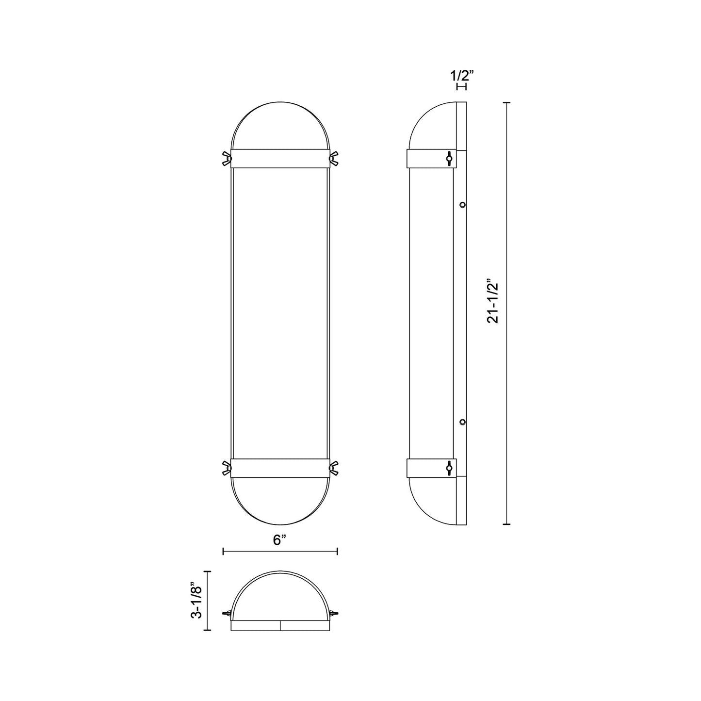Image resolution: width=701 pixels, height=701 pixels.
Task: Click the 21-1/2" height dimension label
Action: (493, 301)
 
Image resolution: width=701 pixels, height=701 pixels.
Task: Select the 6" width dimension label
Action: (279, 540)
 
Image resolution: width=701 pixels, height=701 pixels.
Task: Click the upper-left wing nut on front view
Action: (226, 158)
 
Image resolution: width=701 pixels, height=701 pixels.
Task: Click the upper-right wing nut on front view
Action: (333, 158)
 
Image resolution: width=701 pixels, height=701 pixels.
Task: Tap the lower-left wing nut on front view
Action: (226, 468)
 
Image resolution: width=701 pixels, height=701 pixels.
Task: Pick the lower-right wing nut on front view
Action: (333, 468)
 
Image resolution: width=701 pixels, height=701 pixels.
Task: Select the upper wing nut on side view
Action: (449, 158)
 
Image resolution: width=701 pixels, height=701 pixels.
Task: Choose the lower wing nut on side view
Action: (449, 468)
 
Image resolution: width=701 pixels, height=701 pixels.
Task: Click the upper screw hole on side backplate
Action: (463, 205)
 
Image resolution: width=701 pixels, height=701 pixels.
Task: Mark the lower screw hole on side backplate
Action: (463, 422)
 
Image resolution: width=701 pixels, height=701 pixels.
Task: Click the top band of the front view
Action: (279, 158)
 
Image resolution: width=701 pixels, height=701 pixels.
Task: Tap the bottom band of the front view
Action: (279, 468)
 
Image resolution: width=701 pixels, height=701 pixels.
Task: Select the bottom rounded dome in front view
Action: (279, 502)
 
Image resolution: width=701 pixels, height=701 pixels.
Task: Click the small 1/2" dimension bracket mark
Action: (461, 86)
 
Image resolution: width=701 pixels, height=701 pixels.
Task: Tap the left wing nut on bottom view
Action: (226, 614)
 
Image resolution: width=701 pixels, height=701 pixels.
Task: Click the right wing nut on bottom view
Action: (333, 614)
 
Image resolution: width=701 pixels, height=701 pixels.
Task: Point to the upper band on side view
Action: (427, 158)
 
